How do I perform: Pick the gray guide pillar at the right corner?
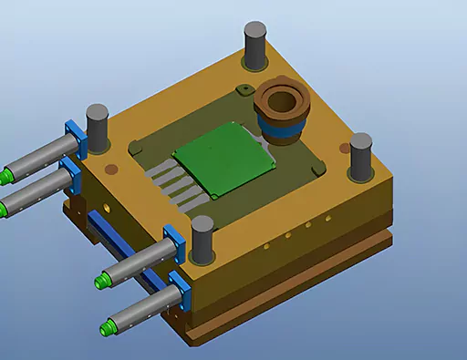click(x=361, y=153)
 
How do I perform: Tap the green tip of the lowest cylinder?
click(x=109, y=324)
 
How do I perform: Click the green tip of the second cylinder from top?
click(x=6, y=208)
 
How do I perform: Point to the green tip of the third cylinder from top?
click(x=102, y=278)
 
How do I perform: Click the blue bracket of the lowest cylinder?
click(x=177, y=290)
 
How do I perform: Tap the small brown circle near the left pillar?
click(x=112, y=168)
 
